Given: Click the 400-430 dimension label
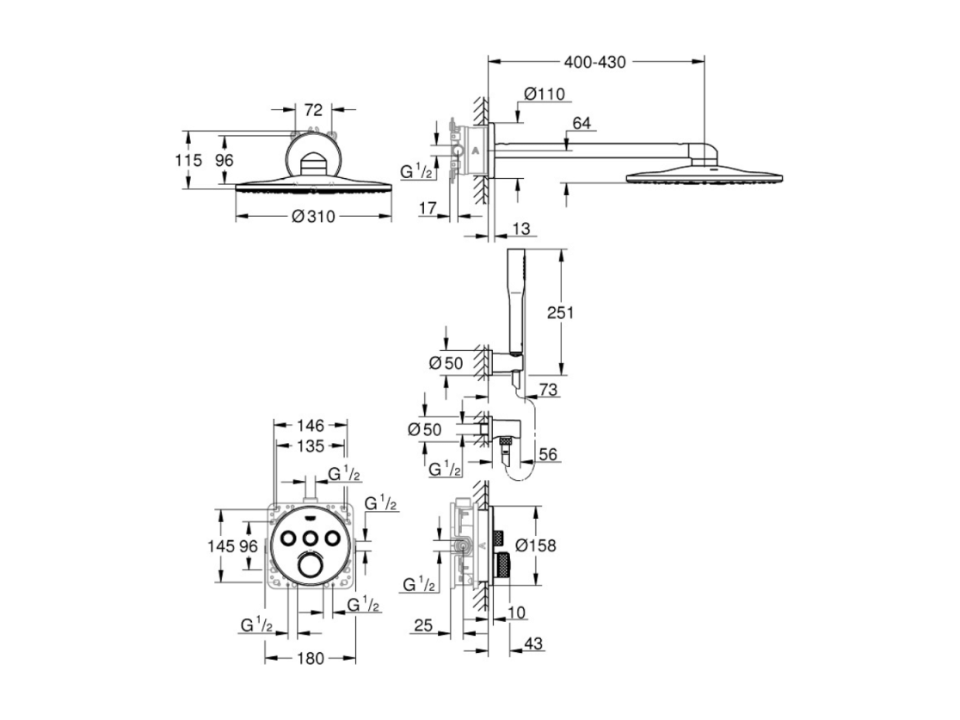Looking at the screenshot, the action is pyautogui.click(x=594, y=62).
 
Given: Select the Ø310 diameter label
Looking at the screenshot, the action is pyautogui.click(x=313, y=216).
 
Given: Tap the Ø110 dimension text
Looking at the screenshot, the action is pyautogui.click(x=545, y=94).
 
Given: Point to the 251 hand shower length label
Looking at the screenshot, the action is pyautogui.click(x=560, y=312).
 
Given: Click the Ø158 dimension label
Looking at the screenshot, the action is pyautogui.click(x=536, y=545).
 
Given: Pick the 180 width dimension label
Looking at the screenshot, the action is pyautogui.click(x=311, y=658).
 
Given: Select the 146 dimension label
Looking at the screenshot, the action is pyautogui.click(x=311, y=426).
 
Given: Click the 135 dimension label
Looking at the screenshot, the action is pyautogui.click(x=311, y=446).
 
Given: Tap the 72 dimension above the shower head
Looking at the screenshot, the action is pyautogui.click(x=313, y=110).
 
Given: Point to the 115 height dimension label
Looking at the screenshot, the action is pyautogui.click(x=188, y=160).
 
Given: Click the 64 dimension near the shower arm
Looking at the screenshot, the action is pyautogui.click(x=581, y=123).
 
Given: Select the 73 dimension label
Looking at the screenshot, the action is pyautogui.click(x=549, y=389).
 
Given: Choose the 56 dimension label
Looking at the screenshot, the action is pyautogui.click(x=548, y=454).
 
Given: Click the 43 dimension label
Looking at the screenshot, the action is pyautogui.click(x=533, y=643).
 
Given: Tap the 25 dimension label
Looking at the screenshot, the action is pyautogui.click(x=423, y=625).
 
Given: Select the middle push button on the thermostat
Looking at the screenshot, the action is pyautogui.click(x=311, y=538).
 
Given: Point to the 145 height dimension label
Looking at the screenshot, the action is pyautogui.click(x=222, y=545).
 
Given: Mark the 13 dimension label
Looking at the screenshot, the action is pyautogui.click(x=520, y=229).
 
